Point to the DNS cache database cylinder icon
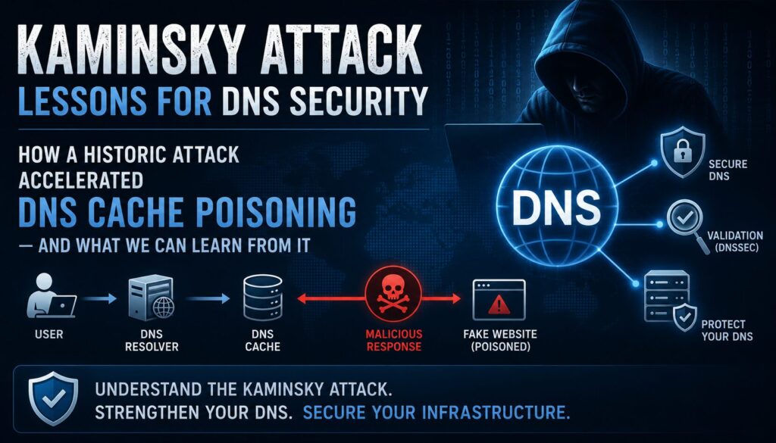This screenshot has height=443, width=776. pos(263,298)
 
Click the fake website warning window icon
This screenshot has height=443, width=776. pos(499,300)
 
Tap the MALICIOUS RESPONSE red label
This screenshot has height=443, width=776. pos(394,340)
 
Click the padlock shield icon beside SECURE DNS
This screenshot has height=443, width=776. pos(683,151)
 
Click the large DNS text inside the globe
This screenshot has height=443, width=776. pos(556,207)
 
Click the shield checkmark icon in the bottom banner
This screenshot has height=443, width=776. pos(53,398)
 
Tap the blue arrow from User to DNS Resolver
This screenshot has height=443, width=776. pos(99,298)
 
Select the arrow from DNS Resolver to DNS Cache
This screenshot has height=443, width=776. pos(208,298)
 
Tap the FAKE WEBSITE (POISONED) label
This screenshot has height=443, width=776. pos(500,340)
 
